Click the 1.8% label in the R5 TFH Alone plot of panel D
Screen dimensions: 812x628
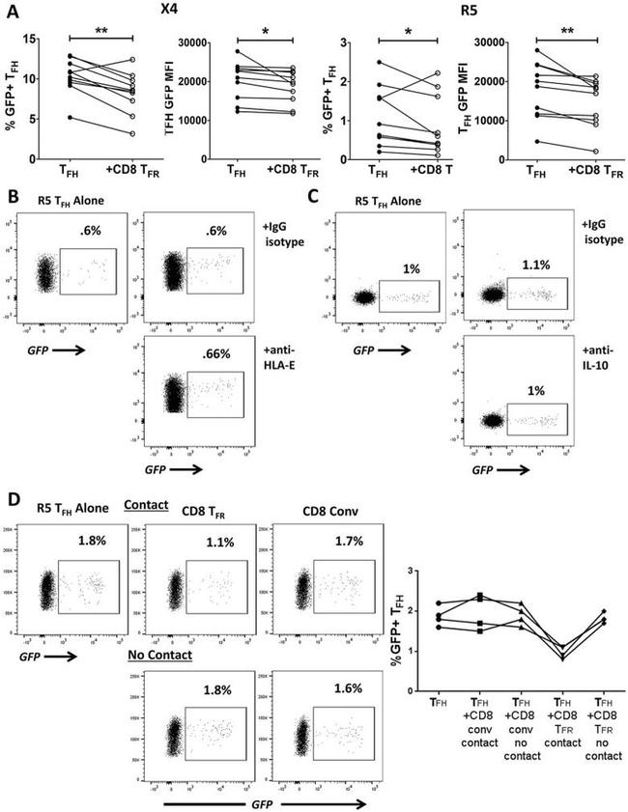click(x=93, y=544)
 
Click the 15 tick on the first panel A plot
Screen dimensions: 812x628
click(x=30, y=39)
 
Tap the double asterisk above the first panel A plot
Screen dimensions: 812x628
click(x=101, y=30)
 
